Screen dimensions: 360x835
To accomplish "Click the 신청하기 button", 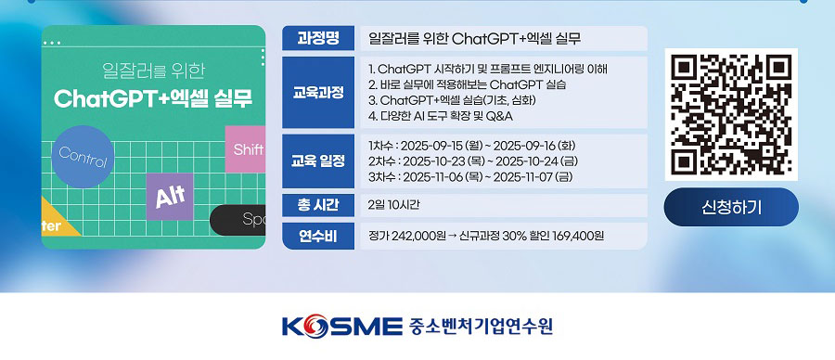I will pos(731,207).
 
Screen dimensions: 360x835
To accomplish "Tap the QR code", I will pos(731,113).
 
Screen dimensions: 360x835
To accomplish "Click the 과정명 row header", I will pos(318,38).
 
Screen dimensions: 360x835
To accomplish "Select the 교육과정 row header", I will pos(318,92).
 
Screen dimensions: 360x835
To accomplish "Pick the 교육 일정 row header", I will pos(318,161).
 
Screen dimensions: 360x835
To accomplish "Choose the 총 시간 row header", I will pos(318,205).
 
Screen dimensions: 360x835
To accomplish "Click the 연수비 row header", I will pos(318,236).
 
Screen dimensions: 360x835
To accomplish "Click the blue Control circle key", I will pos(83,159).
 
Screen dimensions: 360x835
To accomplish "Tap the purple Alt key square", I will pos(169,197).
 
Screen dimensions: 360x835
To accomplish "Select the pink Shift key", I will pos(246,149).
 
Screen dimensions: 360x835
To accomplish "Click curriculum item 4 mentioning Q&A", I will pos(441,117).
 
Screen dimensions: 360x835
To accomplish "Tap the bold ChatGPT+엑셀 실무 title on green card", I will pos(154,98).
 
